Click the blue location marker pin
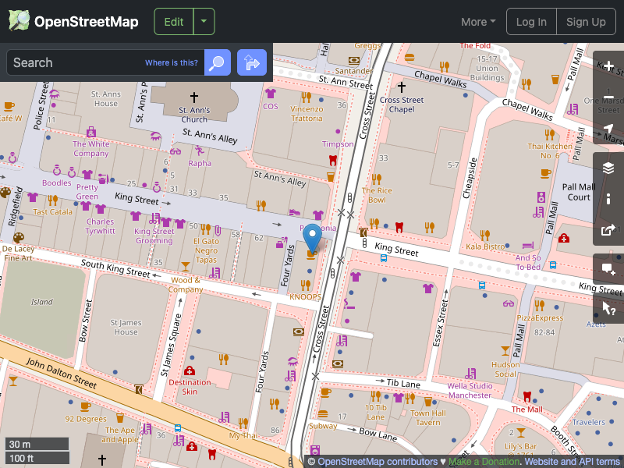(x=312, y=236)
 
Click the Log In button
(x=531, y=22)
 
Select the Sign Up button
(x=586, y=22)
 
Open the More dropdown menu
(x=478, y=22)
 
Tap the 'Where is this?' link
(x=172, y=63)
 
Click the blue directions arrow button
(x=252, y=62)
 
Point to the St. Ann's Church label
(x=193, y=115)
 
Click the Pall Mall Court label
(x=579, y=192)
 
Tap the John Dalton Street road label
(x=61, y=374)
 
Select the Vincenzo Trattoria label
(x=307, y=114)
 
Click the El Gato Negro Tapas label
(x=205, y=251)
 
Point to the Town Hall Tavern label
(x=427, y=418)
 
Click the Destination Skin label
(x=190, y=386)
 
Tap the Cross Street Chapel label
(x=402, y=105)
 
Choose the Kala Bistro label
(x=485, y=246)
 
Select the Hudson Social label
(x=505, y=369)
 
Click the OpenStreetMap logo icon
(x=19, y=21)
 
